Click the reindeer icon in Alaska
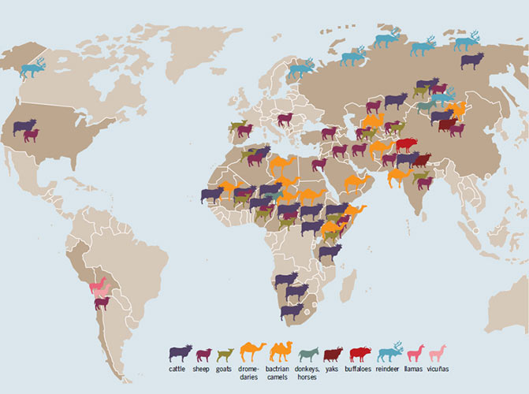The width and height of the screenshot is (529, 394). [33, 68]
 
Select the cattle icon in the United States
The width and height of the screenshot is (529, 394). [24, 127]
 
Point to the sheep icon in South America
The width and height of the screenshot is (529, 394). [102, 303]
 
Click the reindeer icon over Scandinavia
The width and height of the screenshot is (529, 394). [300, 69]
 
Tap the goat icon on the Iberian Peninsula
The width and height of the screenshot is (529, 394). [237, 127]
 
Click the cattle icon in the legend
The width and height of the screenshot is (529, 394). [181, 352]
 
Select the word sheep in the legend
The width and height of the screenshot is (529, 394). [203, 368]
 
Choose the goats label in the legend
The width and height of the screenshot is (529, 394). [224, 368]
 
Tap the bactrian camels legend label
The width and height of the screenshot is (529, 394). [281, 372]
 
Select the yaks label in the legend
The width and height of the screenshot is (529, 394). [334, 368]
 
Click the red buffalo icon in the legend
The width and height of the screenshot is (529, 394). [360, 352]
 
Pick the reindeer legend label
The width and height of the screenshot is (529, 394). [389, 368]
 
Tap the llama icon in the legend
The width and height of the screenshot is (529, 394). [415, 351]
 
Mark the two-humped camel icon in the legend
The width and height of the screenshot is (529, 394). [281, 351]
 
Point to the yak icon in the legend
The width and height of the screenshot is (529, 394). [334, 353]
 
